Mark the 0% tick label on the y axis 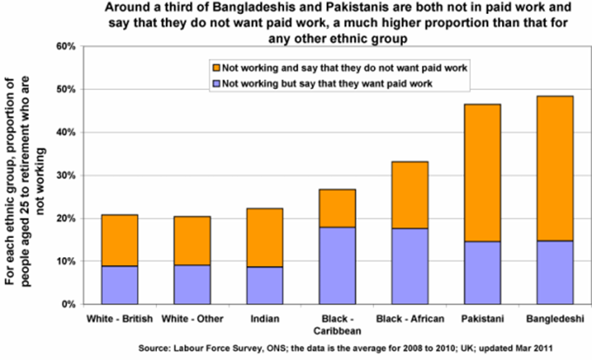pyautogui.click(x=66, y=305)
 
